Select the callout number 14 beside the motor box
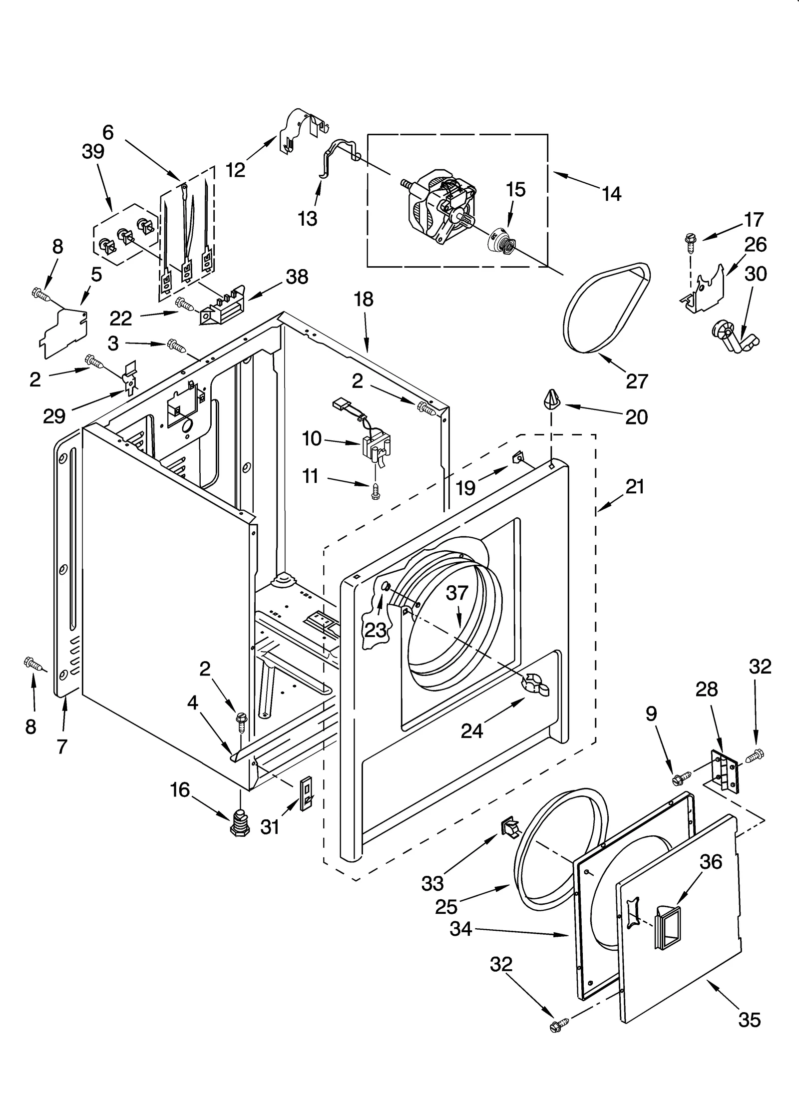[611, 194]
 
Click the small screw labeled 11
[375, 492]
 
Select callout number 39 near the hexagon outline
[93, 152]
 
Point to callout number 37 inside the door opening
[456, 593]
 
